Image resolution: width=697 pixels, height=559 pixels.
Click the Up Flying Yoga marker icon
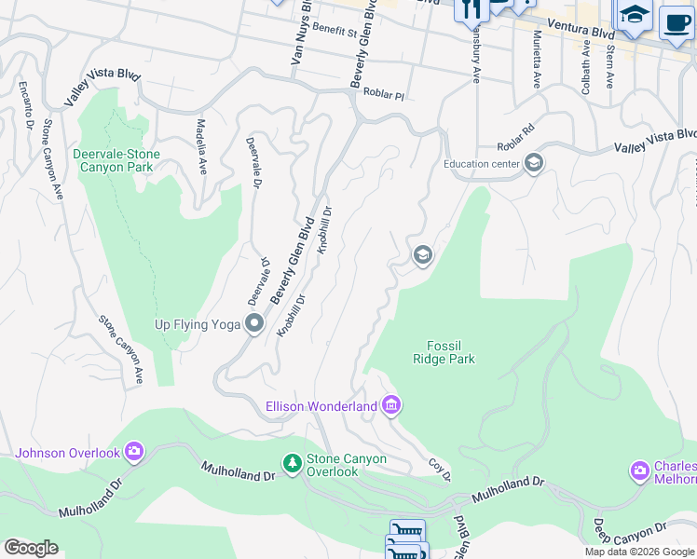click(254, 324)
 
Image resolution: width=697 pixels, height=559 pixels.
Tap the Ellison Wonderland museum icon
click(391, 405)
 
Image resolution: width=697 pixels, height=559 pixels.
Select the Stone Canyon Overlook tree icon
click(292, 463)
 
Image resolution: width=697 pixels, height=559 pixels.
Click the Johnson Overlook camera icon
click(134, 452)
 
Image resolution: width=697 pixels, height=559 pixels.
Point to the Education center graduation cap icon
click(533, 164)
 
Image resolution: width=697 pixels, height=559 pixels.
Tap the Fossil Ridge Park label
click(444, 351)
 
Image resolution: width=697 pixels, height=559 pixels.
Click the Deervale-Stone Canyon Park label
click(116, 160)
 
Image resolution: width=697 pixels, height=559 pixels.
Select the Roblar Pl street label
click(385, 95)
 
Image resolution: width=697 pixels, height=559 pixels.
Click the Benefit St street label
click(335, 31)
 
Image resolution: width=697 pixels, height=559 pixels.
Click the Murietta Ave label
click(538, 58)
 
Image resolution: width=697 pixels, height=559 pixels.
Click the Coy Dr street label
click(440, 469)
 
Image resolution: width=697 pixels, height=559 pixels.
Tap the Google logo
click(31, 548)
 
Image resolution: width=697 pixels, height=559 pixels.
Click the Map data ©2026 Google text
click(639, 552)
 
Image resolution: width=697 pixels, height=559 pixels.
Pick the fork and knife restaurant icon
click(471, 9)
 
